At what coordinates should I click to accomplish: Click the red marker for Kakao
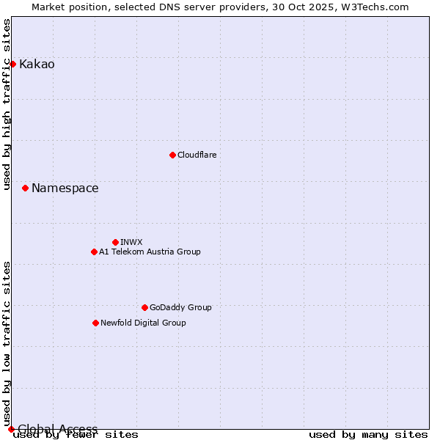coord(12,64)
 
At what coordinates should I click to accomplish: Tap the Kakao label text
coord(37,65)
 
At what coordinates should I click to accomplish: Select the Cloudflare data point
coord(172,155)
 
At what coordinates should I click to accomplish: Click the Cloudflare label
coord(197,155)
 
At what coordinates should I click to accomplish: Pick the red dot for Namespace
coord(25,188)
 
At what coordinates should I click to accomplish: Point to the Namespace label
coord(65,188)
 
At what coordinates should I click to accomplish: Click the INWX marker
coord(115,242)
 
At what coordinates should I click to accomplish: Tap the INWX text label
coord(131,242)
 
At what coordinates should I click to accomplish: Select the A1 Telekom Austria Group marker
coord(94,252)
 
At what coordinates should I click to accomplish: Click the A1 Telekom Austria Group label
coord(150,252)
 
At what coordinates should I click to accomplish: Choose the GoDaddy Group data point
coord(144,307)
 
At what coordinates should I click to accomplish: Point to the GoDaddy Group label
coord(180,307)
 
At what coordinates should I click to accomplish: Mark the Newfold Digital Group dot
coord(95,323)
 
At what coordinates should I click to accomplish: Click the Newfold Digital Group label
coord(143,323)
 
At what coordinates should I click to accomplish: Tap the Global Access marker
coord(11,429)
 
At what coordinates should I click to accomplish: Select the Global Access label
coord(57,429)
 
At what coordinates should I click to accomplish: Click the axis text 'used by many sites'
coord(368,435)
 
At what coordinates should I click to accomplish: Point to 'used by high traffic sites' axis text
coord(7,104)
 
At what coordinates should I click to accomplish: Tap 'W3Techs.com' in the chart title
coord(378,7)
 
